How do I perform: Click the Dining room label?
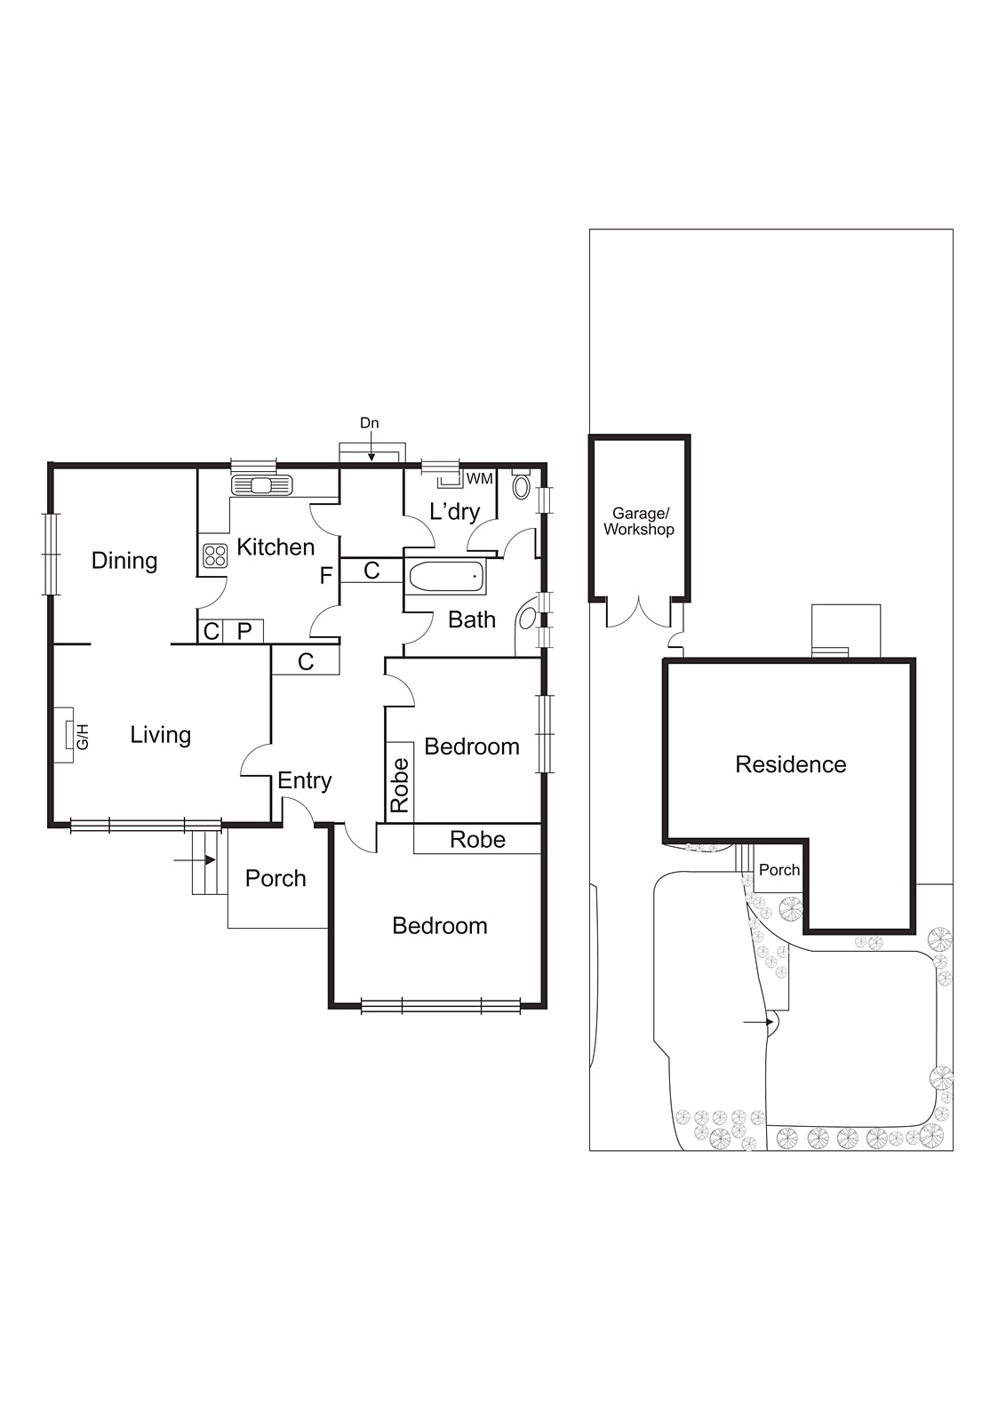click(124, 561)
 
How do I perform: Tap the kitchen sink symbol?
click(261, 485)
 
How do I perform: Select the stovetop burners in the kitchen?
click(215, 555)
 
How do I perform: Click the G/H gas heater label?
click(82, 737)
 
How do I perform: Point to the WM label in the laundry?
click(479, 479)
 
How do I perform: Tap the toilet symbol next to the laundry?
click(522, 484)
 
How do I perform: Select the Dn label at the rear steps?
click(369, 423)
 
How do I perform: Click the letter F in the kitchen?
click(326, 576)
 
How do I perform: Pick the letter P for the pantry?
click(244, 631)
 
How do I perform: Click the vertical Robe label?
click(400, 785)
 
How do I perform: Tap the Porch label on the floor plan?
click(275, 879)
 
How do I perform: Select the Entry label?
click(304, 780)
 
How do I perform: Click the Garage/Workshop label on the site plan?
click(639, 522)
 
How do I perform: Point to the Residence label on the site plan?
click(790, 764)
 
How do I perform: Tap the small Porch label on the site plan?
click(778, 870)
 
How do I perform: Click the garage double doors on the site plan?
click(638, 612)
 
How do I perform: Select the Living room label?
click(160, 735)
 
